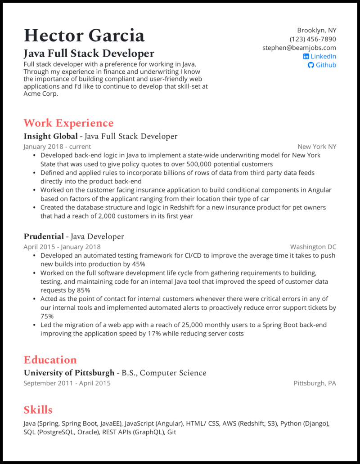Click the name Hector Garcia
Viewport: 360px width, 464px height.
coord(84,36)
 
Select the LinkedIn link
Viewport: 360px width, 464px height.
coord(323,56)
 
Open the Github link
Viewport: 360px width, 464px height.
coord(326,65)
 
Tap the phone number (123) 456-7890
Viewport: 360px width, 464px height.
coord(313,39)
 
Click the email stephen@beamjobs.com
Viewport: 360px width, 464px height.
coord(299,48)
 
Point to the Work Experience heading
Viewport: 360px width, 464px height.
coord(68,123)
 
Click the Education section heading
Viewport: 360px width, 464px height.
coord(50,360)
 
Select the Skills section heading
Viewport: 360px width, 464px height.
coord(38,410)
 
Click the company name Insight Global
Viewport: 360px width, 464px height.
coord(50,136)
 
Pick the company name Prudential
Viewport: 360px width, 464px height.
coord(44,236)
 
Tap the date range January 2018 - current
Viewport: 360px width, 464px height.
coord(57,147)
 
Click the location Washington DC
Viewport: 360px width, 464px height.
coord(313,247)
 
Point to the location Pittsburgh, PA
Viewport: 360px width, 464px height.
coord(315,384)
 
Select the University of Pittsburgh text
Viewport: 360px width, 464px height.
coord(69,373)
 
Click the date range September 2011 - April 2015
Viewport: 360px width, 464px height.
coord(67,384)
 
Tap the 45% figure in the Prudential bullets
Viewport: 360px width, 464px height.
coord(139,264)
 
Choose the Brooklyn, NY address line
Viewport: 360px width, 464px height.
coord(316,31)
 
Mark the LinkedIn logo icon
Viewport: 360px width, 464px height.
coord(306,56)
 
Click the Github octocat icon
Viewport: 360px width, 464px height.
coord(310,65)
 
